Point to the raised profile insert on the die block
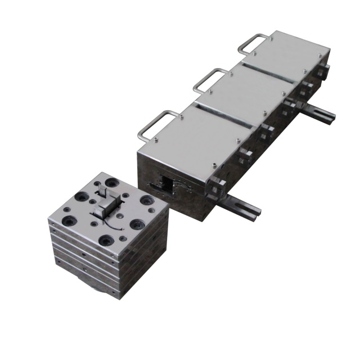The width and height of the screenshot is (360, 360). coord(107,205)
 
